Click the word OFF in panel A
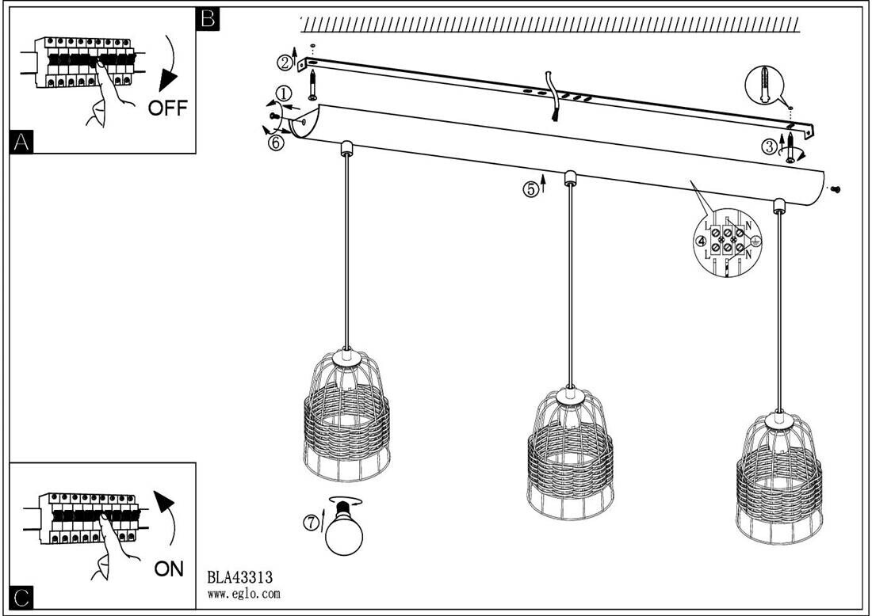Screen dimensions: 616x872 (168, 108)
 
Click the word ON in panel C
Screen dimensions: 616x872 (169, 568)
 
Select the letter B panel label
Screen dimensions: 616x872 (207, 18)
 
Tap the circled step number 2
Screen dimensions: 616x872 (285, 62)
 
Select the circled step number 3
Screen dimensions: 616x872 (769, 146)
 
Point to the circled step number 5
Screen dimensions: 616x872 (530, 189)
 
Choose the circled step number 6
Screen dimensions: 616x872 (275, 143)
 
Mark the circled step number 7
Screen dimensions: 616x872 (312, 522)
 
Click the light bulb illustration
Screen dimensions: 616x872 (345, 530)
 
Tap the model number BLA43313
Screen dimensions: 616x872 (239, 577)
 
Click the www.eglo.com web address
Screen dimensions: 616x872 (243, 593)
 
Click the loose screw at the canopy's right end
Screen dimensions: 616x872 (836, 189)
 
